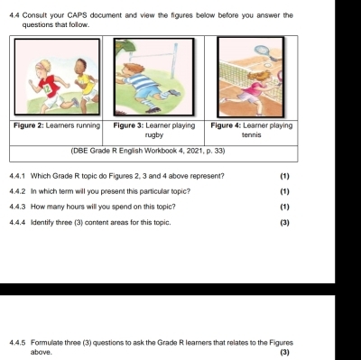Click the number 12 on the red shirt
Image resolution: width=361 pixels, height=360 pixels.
point(46,89)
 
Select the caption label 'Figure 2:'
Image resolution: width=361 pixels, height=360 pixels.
point(29,125)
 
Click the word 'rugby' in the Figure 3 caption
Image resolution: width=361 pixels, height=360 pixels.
point(153,135)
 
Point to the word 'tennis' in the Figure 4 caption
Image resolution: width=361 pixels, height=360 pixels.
point(252,135)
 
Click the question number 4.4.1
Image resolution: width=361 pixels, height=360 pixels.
point(17,176)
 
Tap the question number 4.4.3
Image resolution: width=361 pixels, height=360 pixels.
point(17,207)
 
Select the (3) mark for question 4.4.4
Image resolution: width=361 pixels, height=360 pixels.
point(284,223)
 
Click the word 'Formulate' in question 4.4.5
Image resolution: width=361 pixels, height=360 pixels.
point(45,343)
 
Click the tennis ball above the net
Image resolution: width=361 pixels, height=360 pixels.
point(267,65)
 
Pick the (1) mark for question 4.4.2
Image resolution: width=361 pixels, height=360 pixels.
point(284,191)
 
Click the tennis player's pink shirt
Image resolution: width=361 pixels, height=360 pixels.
point(255,88)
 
